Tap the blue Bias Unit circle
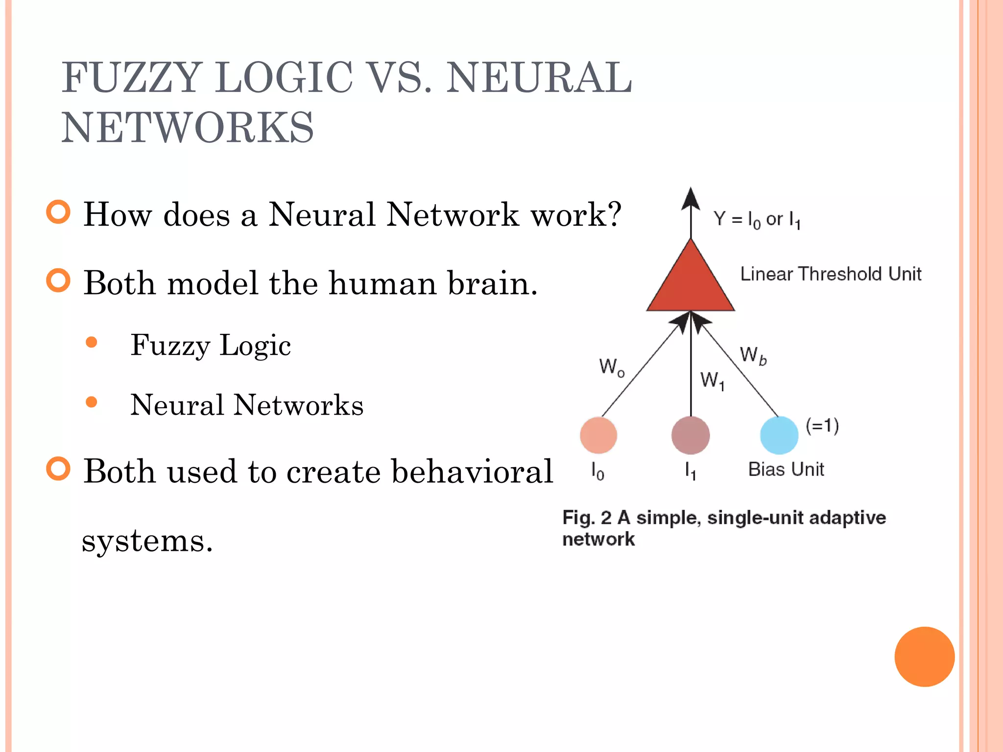(779, 435)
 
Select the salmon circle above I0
(598, 435)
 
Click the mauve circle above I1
(691, 435)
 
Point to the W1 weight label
(712, 380)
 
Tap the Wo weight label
(612, 367)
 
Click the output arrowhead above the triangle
(691, 200)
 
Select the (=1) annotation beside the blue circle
(822, 425)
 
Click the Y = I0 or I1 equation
(757, 219)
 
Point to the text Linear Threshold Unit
(831, 274)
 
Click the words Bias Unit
(786, 469)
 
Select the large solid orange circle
(924, 657)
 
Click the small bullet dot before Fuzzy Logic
(91, 342)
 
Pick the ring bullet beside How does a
(58, 212)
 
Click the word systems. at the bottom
(147, 541)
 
